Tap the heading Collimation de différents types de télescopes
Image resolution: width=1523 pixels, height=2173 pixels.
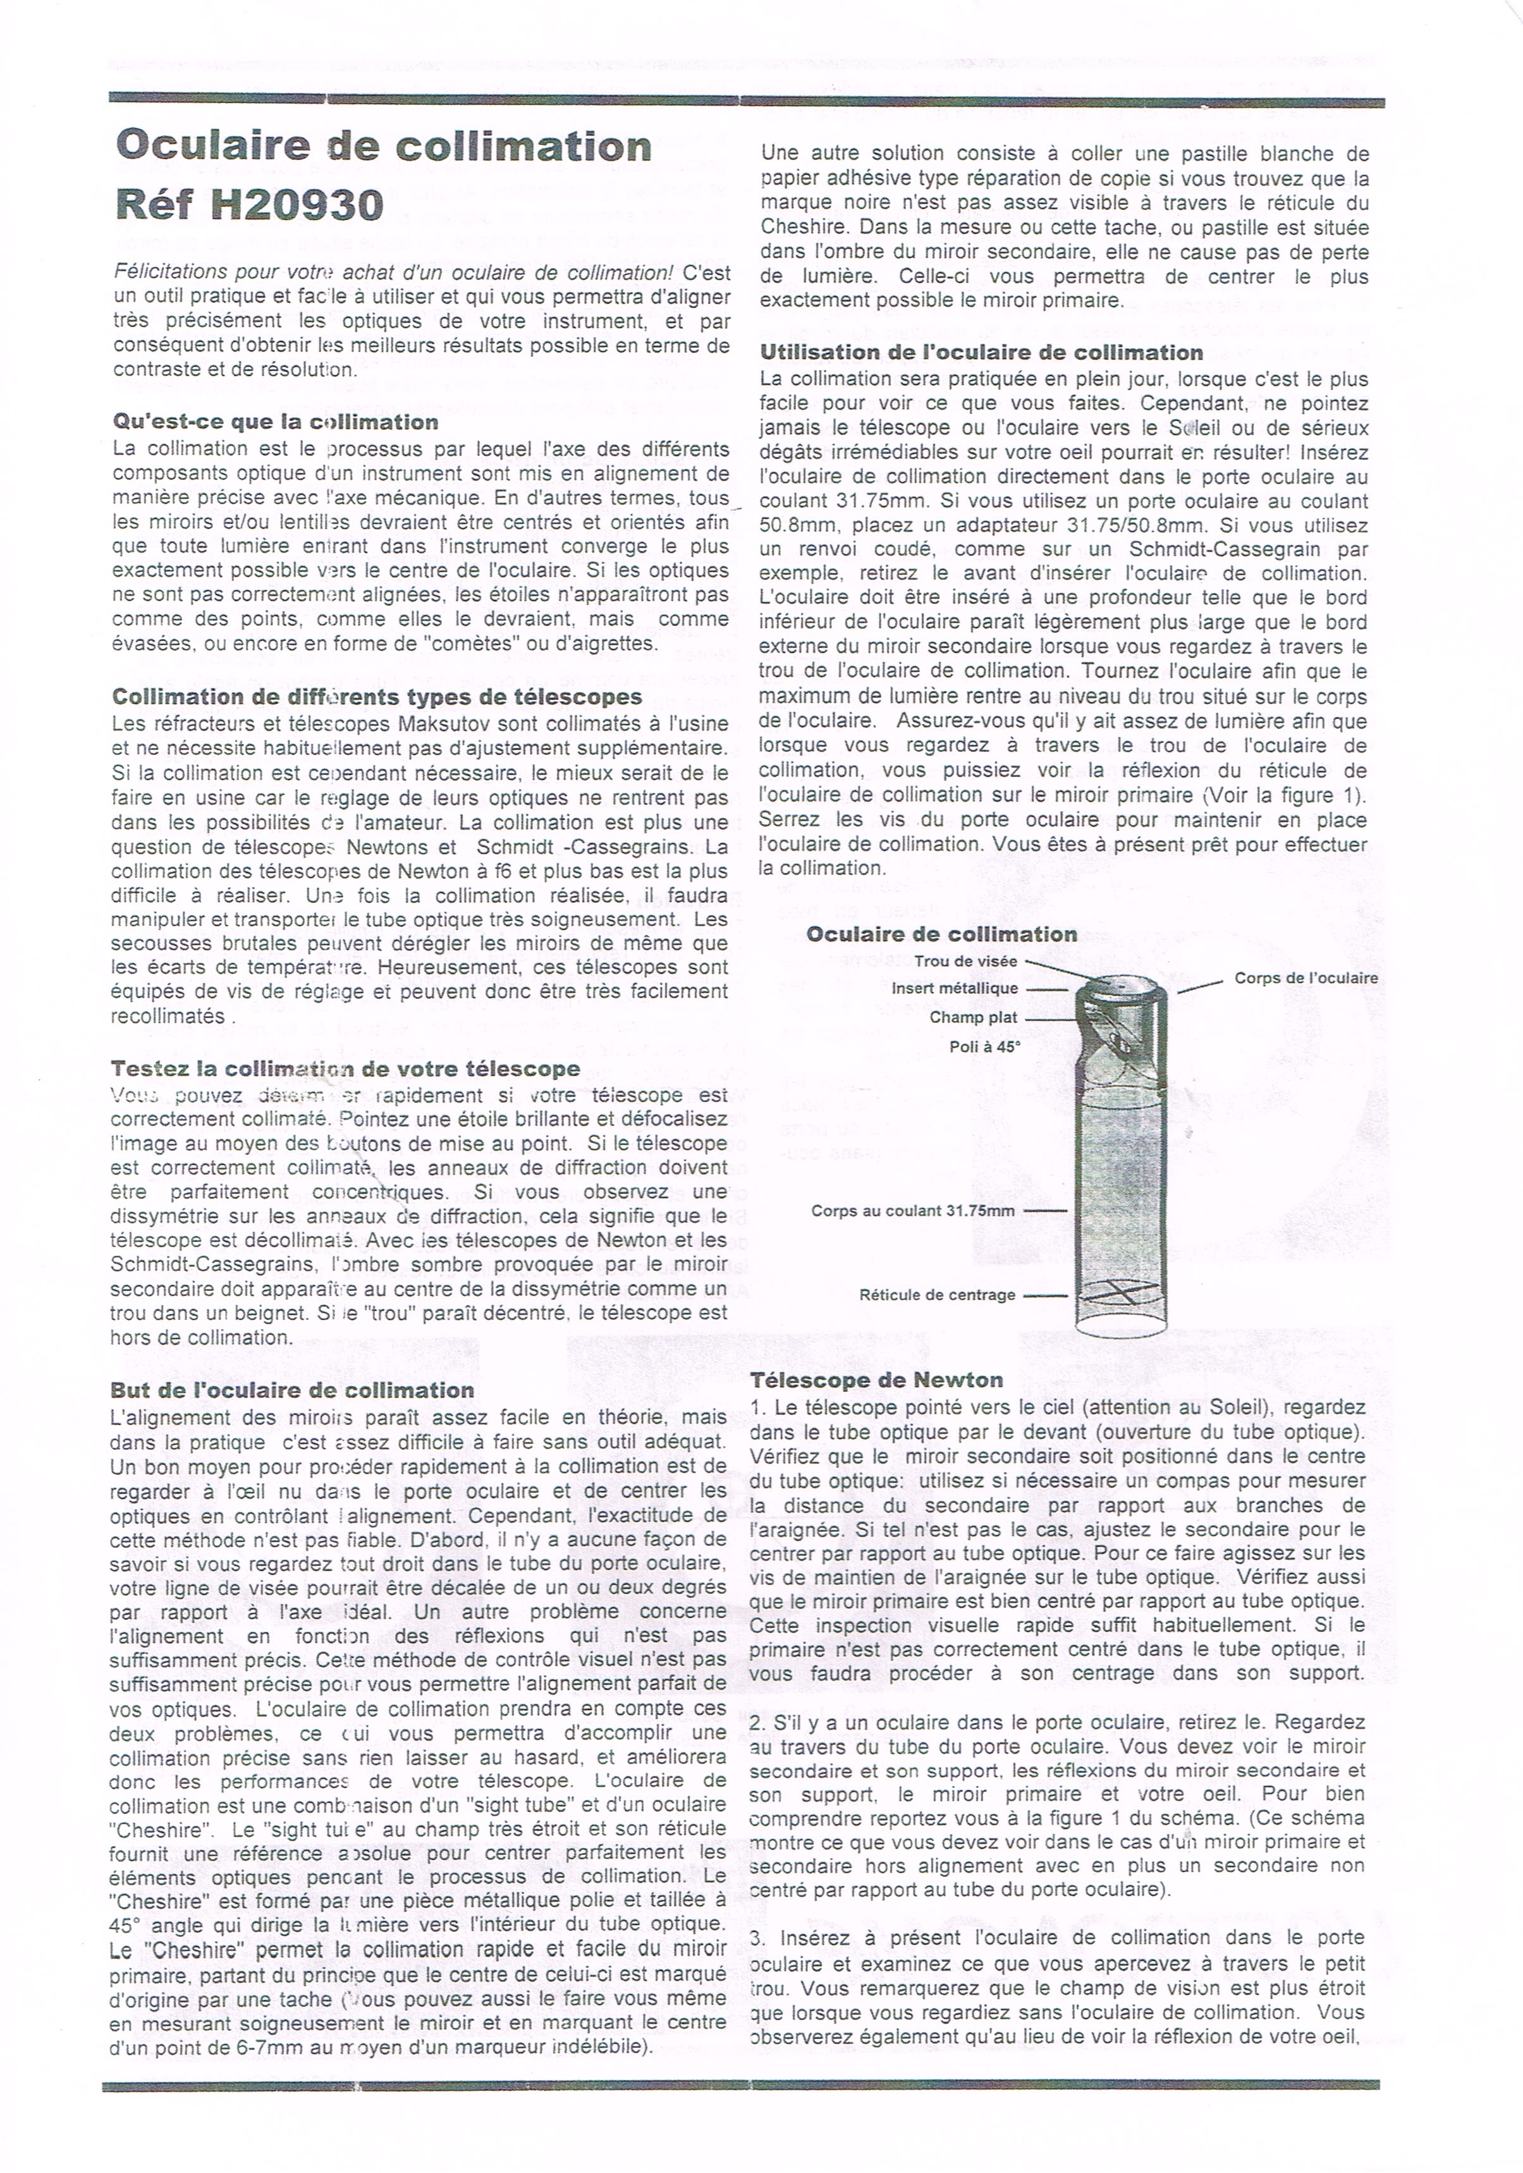click(377, 697)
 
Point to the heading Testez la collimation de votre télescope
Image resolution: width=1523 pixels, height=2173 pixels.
click(345, 1068)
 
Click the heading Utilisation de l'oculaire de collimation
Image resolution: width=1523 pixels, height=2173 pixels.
click(981, 353)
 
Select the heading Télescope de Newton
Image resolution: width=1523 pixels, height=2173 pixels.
click(876, 1380)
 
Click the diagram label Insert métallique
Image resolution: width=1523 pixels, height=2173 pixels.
click(954, 989)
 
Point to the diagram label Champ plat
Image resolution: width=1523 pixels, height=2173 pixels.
click(973, 1017)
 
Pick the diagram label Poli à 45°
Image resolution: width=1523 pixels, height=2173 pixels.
click(984, 1047)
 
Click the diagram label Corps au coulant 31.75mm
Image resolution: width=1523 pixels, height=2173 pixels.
click(912, 1211)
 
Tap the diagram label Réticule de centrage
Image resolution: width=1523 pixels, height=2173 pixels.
click(937, 1295)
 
